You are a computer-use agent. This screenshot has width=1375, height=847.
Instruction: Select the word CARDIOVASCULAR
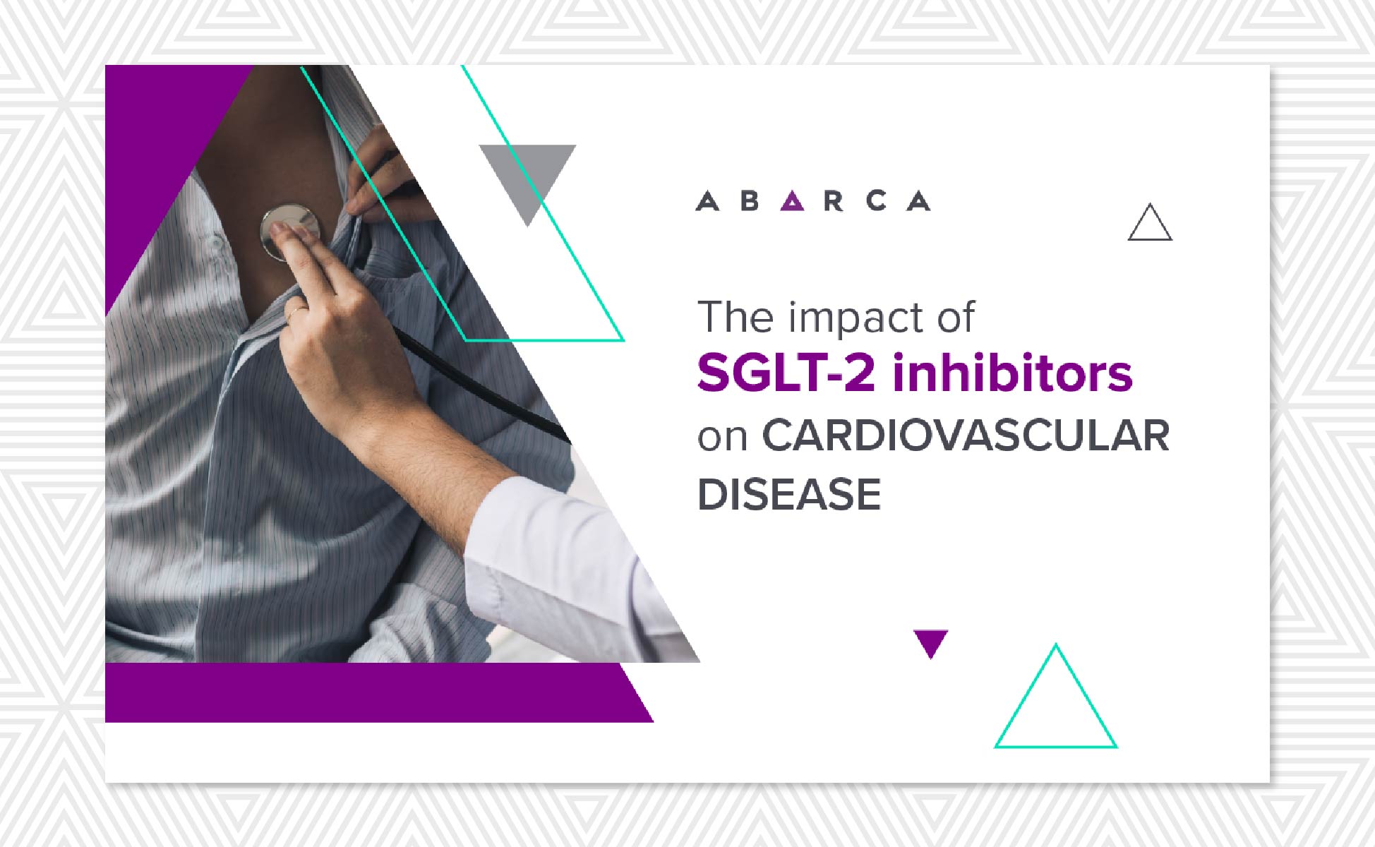click(x=966, y=435)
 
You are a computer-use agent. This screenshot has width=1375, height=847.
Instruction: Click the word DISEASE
click(x=789, y=494)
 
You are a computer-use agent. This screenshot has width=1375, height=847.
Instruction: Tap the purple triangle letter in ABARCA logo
click(x=792, y=201)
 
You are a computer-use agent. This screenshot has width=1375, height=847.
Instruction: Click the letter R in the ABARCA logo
click(x=834, y=201)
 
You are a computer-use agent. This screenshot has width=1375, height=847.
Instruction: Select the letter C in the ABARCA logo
click(x=876, y=201)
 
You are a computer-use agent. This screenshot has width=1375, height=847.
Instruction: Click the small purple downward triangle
click(x=930, y=642)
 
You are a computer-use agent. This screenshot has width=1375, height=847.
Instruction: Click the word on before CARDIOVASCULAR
click(x=723, y=438)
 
